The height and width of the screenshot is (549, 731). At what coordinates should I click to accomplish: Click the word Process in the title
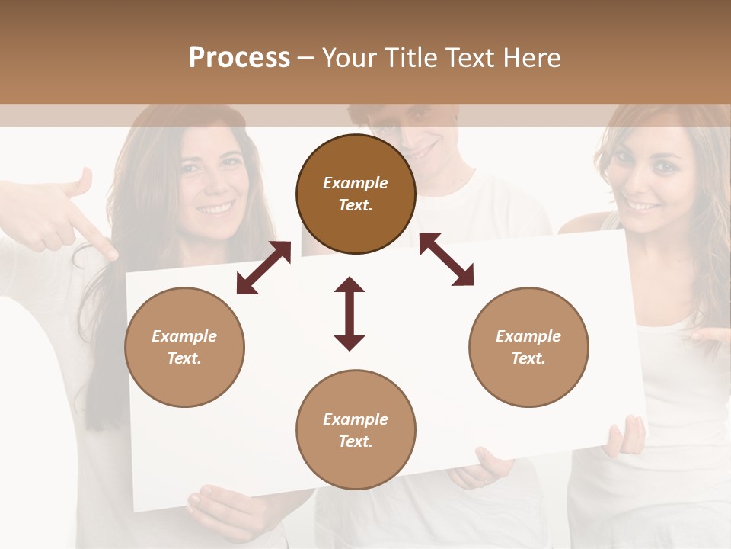pyautogui.click(x=239, y=58)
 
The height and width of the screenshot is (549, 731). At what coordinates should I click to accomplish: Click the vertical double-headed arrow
pyautogui.click(x=350, y=313)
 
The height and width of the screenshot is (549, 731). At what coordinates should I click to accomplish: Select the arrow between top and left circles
pyautogui.click(x=263, y=268)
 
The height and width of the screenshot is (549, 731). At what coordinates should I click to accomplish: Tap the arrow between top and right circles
pyautogui.click(x=447, y=259)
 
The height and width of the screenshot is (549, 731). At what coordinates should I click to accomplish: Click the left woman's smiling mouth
pyautogui.click(x=216, y=207)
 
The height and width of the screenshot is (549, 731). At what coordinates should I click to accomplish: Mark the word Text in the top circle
pyautogui.click(x=355, y=205)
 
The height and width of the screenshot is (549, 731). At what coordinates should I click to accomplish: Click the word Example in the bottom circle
pyautogui.click(x=356, y=419)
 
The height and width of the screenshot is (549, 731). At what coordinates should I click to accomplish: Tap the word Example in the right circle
pyautogui.click(x=528, y=336)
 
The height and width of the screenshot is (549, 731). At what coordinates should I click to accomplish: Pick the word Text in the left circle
pyautogui.click(x=184, y=358)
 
